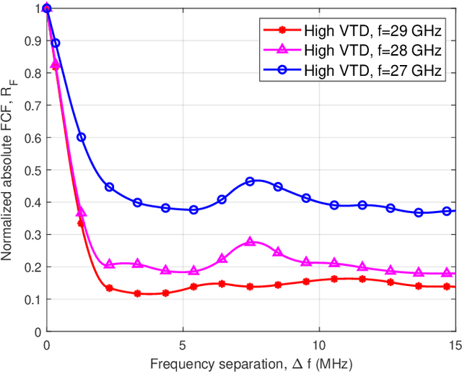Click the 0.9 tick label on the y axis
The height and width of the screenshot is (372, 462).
(33, 40)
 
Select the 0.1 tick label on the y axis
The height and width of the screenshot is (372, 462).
(33, 299)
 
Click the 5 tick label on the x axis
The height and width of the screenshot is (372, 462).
(183, 344)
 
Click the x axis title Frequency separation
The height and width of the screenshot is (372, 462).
(250, 361)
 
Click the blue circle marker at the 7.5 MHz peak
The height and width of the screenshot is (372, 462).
(250, 181)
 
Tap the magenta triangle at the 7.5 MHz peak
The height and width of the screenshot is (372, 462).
(250, 242)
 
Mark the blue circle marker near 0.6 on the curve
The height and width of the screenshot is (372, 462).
(82, 137)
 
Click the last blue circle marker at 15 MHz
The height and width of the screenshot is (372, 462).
(447, 211)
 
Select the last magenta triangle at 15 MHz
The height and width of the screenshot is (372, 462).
(447, 272)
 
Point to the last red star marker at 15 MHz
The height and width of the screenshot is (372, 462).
(447, 287)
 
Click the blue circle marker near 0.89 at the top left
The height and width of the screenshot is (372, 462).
(56, 43)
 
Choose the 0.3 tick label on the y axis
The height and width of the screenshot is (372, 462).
(33, 235)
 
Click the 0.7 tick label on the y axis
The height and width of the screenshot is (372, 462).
(33, 105)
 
